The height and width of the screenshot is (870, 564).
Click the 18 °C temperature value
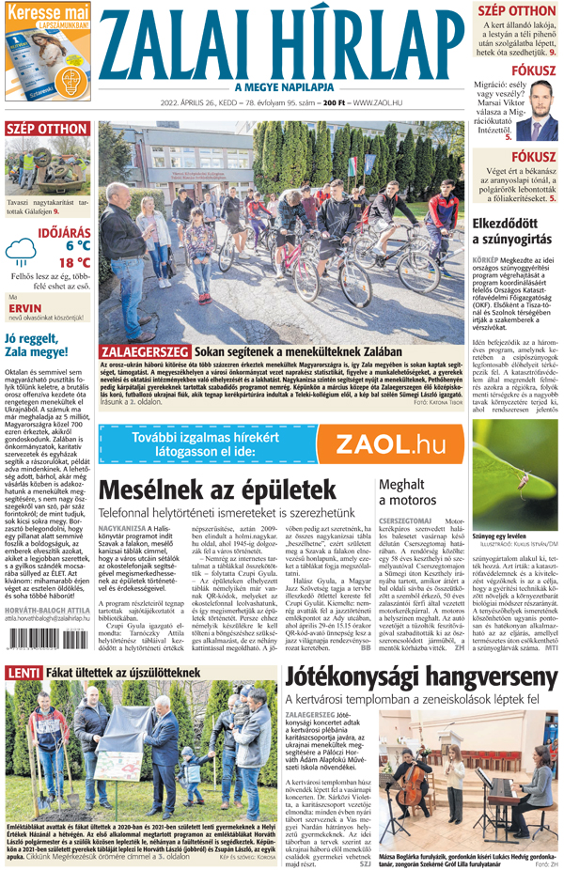(x=71, y=262)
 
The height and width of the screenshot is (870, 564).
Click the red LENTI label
(x=23, y=673)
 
